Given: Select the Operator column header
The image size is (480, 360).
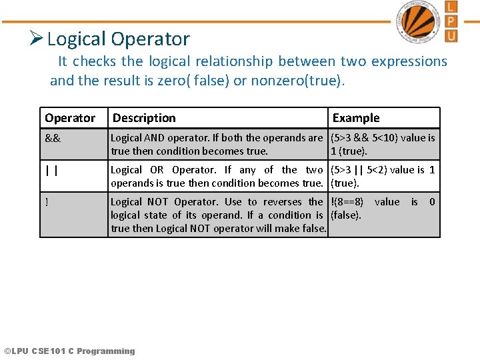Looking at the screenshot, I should click(70, 118).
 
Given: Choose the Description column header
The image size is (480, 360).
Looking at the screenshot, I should click(144, 118).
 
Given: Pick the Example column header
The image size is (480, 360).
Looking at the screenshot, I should click(356, 118).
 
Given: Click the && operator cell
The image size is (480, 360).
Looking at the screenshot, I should click(53, 139).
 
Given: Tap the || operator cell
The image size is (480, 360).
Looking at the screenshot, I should click(51, 171).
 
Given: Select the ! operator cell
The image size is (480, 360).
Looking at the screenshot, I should click(47, 203).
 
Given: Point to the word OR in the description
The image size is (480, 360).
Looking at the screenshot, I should click(157, 170).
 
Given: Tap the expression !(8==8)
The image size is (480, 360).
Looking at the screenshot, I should click(347, 202).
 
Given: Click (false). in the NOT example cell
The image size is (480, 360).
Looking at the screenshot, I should click(346, 215).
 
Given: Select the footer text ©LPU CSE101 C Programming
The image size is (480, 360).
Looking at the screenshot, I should click(69, 351).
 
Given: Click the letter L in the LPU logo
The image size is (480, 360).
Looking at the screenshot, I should click(451, 7).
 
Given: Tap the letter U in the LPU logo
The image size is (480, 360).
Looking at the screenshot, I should click(451, 34).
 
